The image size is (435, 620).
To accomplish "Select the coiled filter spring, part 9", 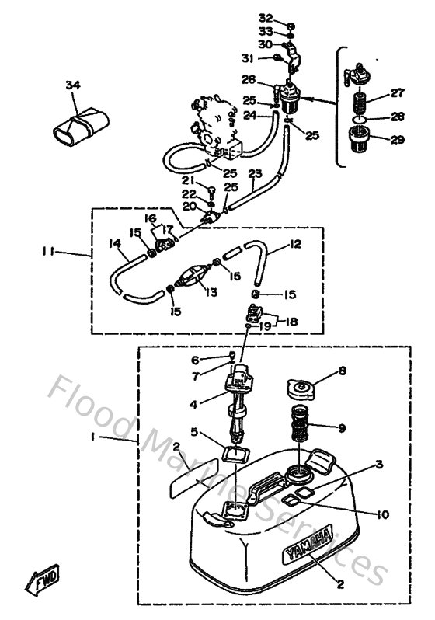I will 304,428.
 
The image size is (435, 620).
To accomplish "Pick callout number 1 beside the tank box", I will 92,438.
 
